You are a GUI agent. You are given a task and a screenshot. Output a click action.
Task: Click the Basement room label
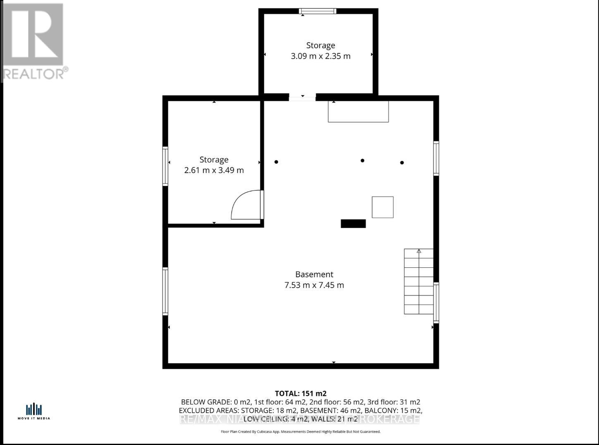click(x=314, y=274)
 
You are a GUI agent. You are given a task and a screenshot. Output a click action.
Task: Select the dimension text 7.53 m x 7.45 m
click(x=314, y=285)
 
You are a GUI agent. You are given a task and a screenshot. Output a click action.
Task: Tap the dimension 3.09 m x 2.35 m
click(x=320, y=56)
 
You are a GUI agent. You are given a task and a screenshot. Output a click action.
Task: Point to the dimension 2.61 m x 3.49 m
click(x=214, y=170)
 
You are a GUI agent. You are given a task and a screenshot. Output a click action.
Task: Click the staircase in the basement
click(x=418, y=282)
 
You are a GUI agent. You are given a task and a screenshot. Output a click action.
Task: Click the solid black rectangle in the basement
click(x=353, y=224)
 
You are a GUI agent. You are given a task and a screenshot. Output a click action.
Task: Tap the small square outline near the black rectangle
click(x=382, y=207)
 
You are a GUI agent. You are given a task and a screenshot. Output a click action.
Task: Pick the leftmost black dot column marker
click(x=276, y=162)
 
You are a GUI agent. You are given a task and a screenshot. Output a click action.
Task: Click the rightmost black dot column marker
click(x=402, y=163)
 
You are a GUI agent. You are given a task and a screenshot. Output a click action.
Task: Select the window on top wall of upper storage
click(x=317, y=11)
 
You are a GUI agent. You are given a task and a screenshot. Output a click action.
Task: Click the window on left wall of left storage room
click(x=165, y=167)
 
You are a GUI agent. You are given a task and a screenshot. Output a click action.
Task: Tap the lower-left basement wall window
click(x=165, y=291)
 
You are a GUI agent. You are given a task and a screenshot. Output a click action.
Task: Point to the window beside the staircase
click(x=436, y=302)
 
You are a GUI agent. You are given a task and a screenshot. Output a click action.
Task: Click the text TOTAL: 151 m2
click(x=301, y=393)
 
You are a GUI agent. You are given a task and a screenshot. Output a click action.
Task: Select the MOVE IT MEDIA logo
click(x=34, y=412)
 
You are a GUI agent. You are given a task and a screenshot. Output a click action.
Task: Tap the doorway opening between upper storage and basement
click(x=302, y=98)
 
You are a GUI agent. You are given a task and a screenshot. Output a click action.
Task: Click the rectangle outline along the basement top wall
click(x=358, y=112)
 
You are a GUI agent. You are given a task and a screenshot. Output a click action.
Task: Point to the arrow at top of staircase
click(x=419, y=251)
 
